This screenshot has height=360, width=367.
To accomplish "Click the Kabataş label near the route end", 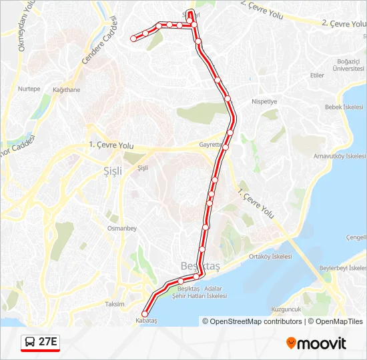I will coord(147,321).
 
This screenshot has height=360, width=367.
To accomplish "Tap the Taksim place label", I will coord(114,304).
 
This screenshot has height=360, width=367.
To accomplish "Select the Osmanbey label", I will coord(121,228).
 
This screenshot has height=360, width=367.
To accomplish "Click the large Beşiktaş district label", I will coord(200,266).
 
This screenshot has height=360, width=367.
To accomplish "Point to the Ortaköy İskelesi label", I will coord(270,257).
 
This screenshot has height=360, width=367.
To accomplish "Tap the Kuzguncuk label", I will coord(287,309).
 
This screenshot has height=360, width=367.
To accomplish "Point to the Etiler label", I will coord(317,75).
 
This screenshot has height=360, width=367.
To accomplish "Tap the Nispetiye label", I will coord(264,101).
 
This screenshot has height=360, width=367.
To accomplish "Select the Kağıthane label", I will coord(66,90).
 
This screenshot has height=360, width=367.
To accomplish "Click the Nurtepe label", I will coord(29,89).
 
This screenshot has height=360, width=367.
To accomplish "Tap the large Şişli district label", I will coord(113,171).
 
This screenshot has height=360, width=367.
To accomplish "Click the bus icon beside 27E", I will coord(30,343).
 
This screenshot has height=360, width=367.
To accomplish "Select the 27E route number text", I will coord(48,343).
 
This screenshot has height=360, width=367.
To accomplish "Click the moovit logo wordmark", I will coord(316,343).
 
